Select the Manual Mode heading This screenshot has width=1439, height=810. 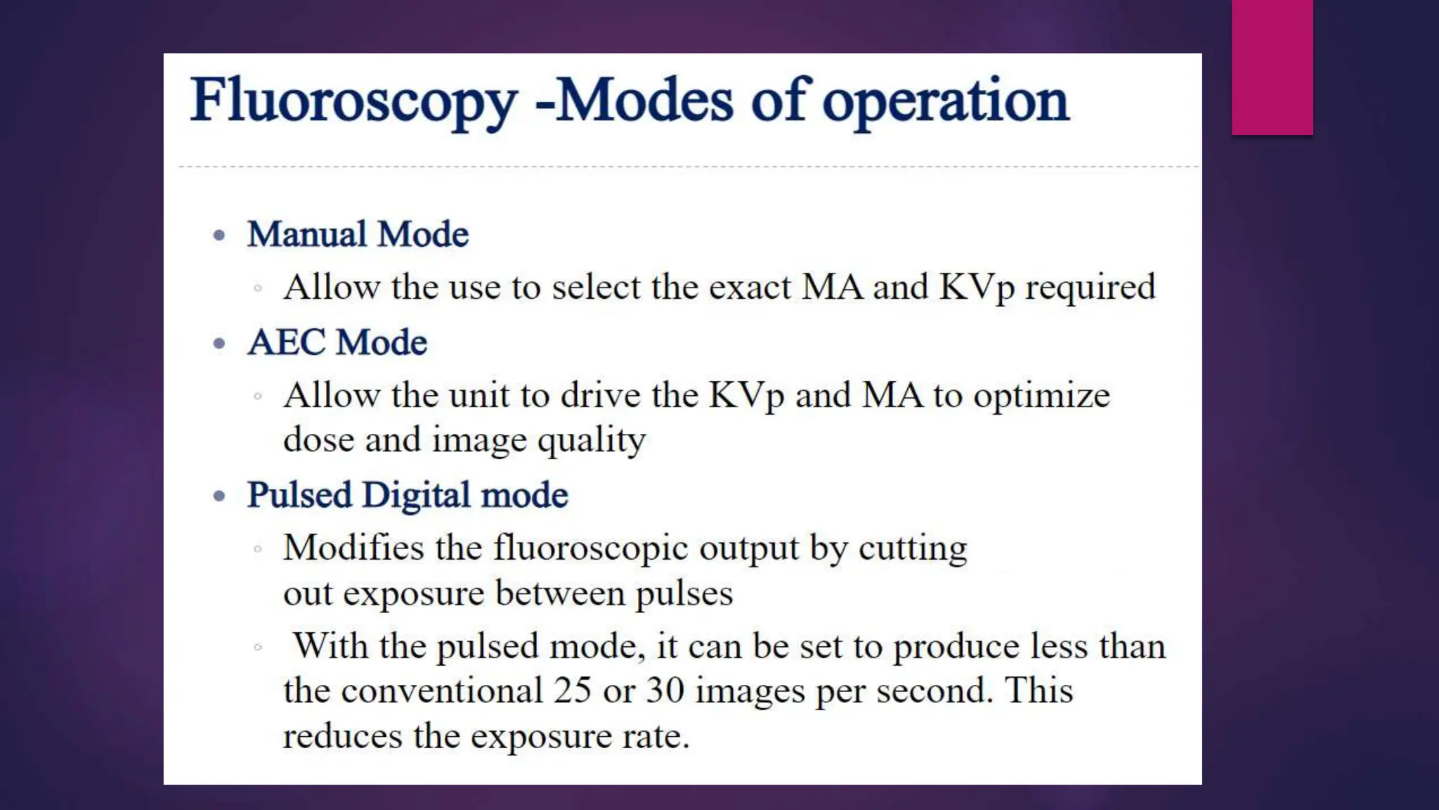pos(358,234)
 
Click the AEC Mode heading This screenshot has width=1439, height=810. pos(337,343)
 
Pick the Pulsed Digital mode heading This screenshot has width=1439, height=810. pos(408,495)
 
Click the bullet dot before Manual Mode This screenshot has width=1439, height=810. pos(219,235)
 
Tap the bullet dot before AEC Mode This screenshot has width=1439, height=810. pos(219,344)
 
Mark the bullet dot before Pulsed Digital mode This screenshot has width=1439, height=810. pos(219,496)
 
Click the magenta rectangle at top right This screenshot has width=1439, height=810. pos(1272,67)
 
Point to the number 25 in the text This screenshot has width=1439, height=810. pos(572,690)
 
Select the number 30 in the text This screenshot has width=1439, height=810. pos(665,690)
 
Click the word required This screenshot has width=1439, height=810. pos(1090,288)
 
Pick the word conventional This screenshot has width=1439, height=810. pos(442,690)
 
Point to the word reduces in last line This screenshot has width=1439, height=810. pos(342,737)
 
